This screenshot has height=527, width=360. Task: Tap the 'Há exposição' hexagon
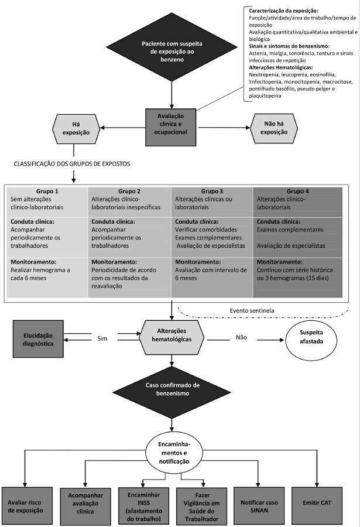76,128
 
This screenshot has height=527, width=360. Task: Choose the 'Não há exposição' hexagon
274,128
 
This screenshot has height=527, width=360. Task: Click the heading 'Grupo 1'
48,191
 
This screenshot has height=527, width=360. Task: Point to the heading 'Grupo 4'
299,191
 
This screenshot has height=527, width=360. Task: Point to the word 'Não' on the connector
241,337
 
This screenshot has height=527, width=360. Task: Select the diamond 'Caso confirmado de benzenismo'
171,390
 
